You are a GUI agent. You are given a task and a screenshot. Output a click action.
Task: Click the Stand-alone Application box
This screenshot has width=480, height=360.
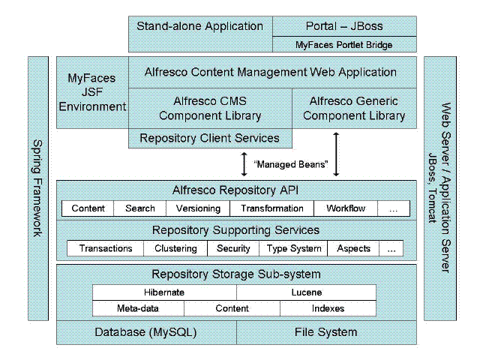(x=200, y=34)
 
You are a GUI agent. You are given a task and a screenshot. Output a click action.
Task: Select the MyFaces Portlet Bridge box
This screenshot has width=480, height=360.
(x=344, y=44)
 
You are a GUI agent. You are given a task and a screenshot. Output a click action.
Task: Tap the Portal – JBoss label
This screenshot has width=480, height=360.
(x=344, y=26)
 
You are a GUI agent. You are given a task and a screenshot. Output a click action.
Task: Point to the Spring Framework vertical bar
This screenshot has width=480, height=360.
(x=38, y=188)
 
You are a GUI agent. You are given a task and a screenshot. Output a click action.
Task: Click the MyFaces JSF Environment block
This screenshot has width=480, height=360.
(x=92, y=92)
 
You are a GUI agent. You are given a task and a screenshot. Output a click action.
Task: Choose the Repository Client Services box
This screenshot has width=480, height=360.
(x=210, y=138)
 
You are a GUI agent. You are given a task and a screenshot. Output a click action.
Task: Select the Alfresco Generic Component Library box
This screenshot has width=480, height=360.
(x=354, y=108)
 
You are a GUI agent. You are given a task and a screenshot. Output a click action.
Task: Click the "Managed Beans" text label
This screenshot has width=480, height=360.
(x=291, y=164)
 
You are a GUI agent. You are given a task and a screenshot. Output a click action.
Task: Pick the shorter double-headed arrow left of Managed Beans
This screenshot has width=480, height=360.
(x=244, y=164)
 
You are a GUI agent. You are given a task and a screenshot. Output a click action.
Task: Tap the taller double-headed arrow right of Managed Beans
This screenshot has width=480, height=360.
(x=336, y=154)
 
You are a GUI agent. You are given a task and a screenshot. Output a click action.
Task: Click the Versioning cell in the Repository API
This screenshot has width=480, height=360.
(x=198, y=208)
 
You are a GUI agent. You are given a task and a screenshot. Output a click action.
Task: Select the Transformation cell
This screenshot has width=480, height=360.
(x=271, y=208)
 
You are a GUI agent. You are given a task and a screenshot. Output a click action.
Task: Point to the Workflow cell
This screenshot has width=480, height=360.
(x=346, y=208)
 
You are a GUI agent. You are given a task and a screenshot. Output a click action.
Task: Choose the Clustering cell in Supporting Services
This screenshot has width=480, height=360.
(x=175, y=248)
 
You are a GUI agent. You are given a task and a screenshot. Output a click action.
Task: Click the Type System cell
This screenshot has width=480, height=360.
(x=293, y=248)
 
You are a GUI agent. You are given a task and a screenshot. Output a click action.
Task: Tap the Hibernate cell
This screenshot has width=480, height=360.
(x=164, y=292)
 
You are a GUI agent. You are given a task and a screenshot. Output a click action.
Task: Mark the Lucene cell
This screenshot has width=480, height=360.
(x=306, y=292)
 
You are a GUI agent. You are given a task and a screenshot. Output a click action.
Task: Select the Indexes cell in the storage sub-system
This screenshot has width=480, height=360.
(x=328, y=308)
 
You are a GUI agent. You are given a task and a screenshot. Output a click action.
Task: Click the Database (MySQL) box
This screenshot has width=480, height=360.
(x=146, y=332)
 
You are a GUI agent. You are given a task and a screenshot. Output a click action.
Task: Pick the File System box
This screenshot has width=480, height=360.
(x=326, y=332)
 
